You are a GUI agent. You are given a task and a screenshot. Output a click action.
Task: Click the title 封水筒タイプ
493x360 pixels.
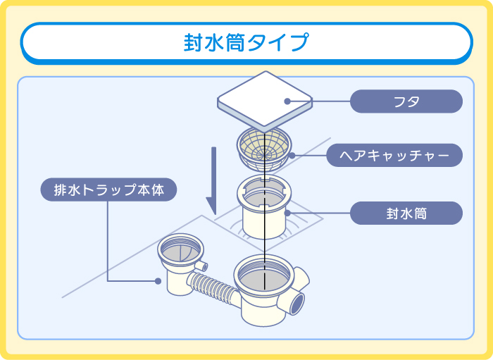pos(246,42)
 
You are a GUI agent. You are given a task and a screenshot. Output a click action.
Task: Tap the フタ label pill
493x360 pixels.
pos(406,101)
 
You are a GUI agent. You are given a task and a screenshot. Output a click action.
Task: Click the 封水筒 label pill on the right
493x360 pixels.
pos(406,213)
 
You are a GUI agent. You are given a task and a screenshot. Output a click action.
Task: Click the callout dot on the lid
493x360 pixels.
pos(287,101)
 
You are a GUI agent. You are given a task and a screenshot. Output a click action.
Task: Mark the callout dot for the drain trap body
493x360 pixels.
pos(158,280)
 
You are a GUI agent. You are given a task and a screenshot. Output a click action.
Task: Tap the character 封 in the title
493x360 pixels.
pos(193,42)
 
